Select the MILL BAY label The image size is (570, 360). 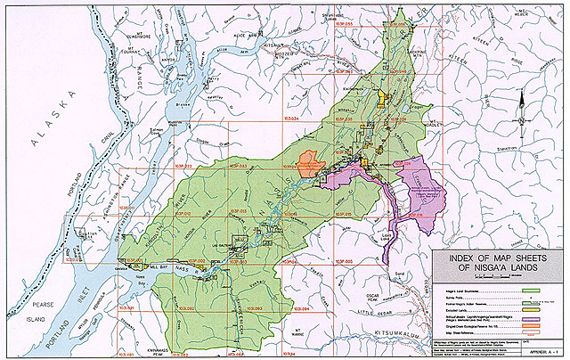tap(159, 266)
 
